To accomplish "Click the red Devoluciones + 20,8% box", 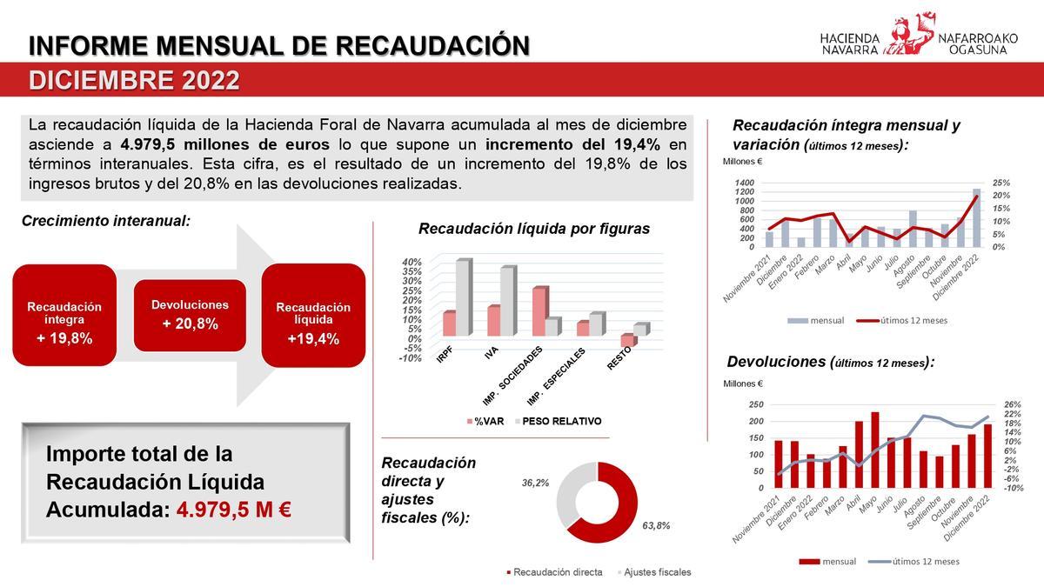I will pos(190,315).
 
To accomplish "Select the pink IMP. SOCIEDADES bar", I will pos(539,311).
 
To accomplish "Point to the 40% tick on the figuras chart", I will pos(412,262).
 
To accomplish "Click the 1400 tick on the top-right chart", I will pos(746,183).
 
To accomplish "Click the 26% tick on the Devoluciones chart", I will pos(1013,405).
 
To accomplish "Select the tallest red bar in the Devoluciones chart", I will pos(875,450).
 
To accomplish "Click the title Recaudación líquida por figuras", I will pos(534,230).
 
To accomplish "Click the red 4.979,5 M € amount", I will pos(233,510).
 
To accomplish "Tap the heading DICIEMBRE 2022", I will pos(135,81).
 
